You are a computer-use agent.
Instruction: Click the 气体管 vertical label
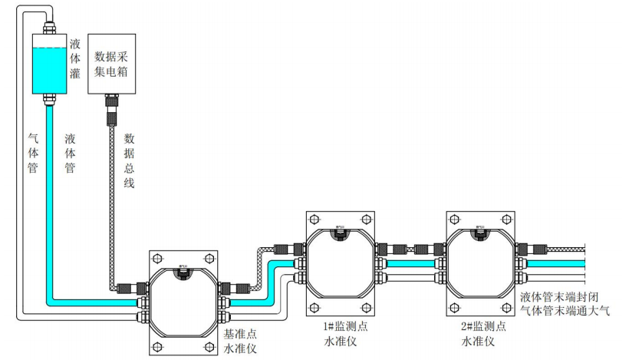point(33,154)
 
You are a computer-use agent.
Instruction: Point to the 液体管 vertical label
point(70,154)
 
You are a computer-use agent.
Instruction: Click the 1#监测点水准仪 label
point(346,333)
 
